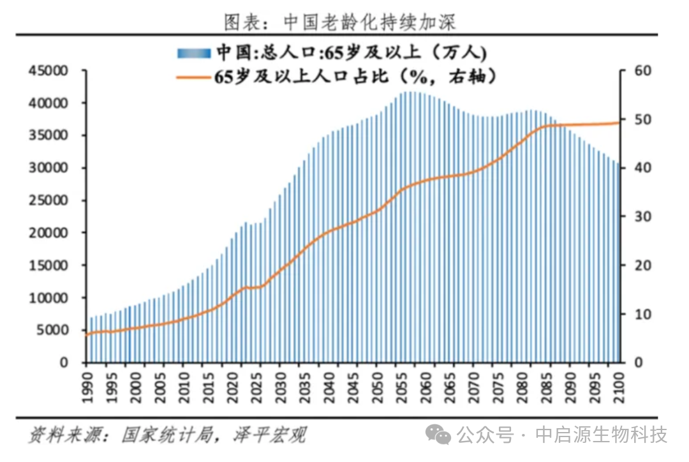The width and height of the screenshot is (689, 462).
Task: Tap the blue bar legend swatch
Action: tap(194, 52)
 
